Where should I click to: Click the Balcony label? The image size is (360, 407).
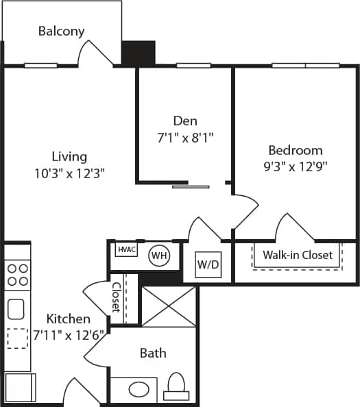click(62, 31)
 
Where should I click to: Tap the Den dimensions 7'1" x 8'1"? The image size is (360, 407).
click(186, 137)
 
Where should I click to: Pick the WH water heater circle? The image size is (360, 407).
click(159, 256)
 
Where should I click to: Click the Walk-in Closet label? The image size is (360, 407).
click(298, 255)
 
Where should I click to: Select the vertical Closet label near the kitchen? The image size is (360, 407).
click(116, 297)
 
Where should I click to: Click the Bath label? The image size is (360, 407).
click(152, 353)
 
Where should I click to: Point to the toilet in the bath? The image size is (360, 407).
click(176, 387)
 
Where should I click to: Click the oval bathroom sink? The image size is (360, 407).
click(139, 389)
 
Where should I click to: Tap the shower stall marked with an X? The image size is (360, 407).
click(168, 306)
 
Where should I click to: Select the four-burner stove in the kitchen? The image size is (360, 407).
click(17, 274)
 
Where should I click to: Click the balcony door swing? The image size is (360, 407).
click(96, 53)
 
